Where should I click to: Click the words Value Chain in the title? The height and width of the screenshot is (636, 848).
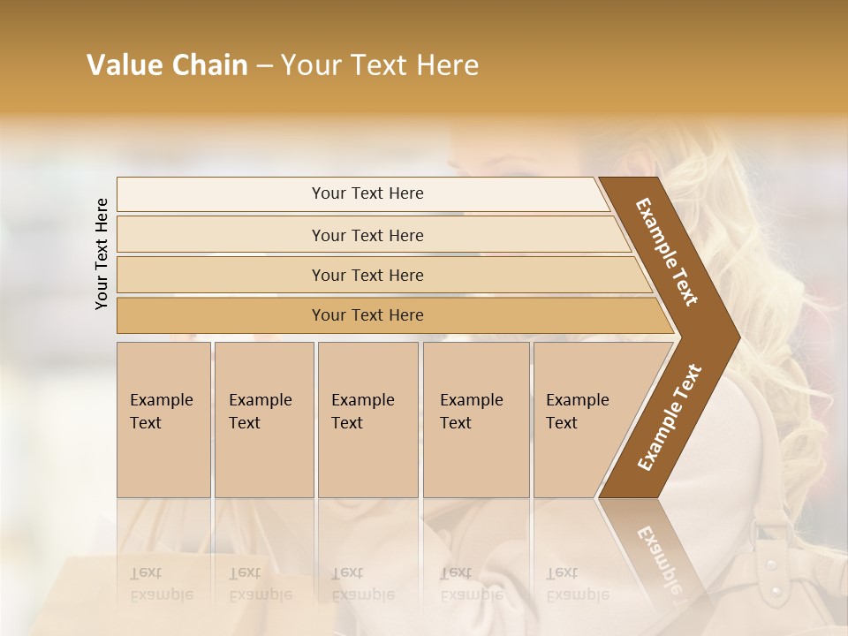[167, 65]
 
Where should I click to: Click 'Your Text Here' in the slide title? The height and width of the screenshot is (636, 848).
[379, 65]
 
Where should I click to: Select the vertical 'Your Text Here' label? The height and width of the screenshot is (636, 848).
[102, 254]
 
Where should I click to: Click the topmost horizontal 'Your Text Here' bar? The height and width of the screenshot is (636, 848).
[367, 193]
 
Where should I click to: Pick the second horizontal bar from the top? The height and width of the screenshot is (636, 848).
[367, 235]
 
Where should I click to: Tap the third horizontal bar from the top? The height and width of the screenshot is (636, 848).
[367, 275]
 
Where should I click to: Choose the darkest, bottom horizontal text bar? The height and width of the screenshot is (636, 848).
[367, 315]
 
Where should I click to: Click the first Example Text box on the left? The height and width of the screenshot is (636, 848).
[163, 419]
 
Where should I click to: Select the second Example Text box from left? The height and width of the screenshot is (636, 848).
[263, 419]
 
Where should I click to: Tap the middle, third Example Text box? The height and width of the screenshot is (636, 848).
[367, 419]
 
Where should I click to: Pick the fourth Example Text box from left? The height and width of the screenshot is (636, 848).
[475, 419]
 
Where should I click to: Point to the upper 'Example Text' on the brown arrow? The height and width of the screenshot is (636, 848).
[667, 252]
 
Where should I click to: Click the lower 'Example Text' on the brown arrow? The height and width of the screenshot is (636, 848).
[669, 418]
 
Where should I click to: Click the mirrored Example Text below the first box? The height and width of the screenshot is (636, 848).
[161, 583]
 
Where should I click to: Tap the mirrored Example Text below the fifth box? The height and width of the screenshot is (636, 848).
[577, 583]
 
